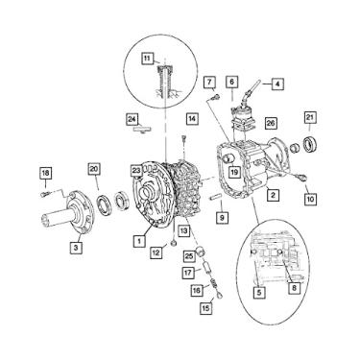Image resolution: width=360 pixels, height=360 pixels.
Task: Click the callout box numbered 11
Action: [146, 60]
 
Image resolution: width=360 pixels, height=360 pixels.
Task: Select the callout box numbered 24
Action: [132, 119]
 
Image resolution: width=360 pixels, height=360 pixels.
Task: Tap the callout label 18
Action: [44, 173]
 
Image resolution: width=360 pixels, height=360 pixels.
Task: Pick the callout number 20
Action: [94, 168]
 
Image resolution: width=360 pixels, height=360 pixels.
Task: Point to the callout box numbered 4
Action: [277, 84]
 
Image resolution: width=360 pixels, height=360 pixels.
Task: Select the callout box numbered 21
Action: [308, 118]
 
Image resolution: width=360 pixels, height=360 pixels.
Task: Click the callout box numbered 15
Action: [204, 309]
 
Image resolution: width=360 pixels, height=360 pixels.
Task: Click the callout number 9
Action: [223, 219]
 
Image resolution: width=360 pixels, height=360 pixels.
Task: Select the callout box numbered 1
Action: [140, 238]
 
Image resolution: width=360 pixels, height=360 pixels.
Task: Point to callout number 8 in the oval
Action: [294, 286]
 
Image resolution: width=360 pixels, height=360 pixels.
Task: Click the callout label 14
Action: [192, 118]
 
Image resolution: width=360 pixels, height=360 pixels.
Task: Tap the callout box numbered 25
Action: [189, 254]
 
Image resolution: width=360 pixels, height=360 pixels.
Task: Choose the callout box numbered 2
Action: [274, 195]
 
